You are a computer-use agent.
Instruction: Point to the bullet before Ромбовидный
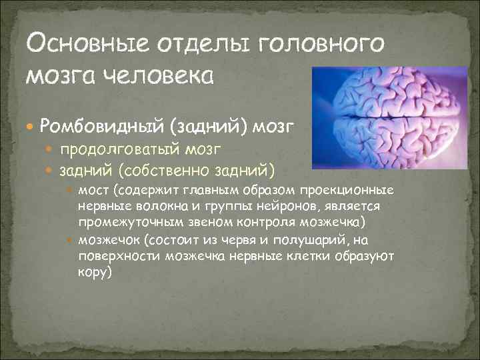coord(31,125)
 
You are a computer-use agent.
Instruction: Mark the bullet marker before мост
coord(71,192)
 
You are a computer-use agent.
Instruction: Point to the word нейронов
coord(255,207)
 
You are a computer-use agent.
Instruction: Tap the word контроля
coord(254,222)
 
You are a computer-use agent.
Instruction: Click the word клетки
coord(314,256)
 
